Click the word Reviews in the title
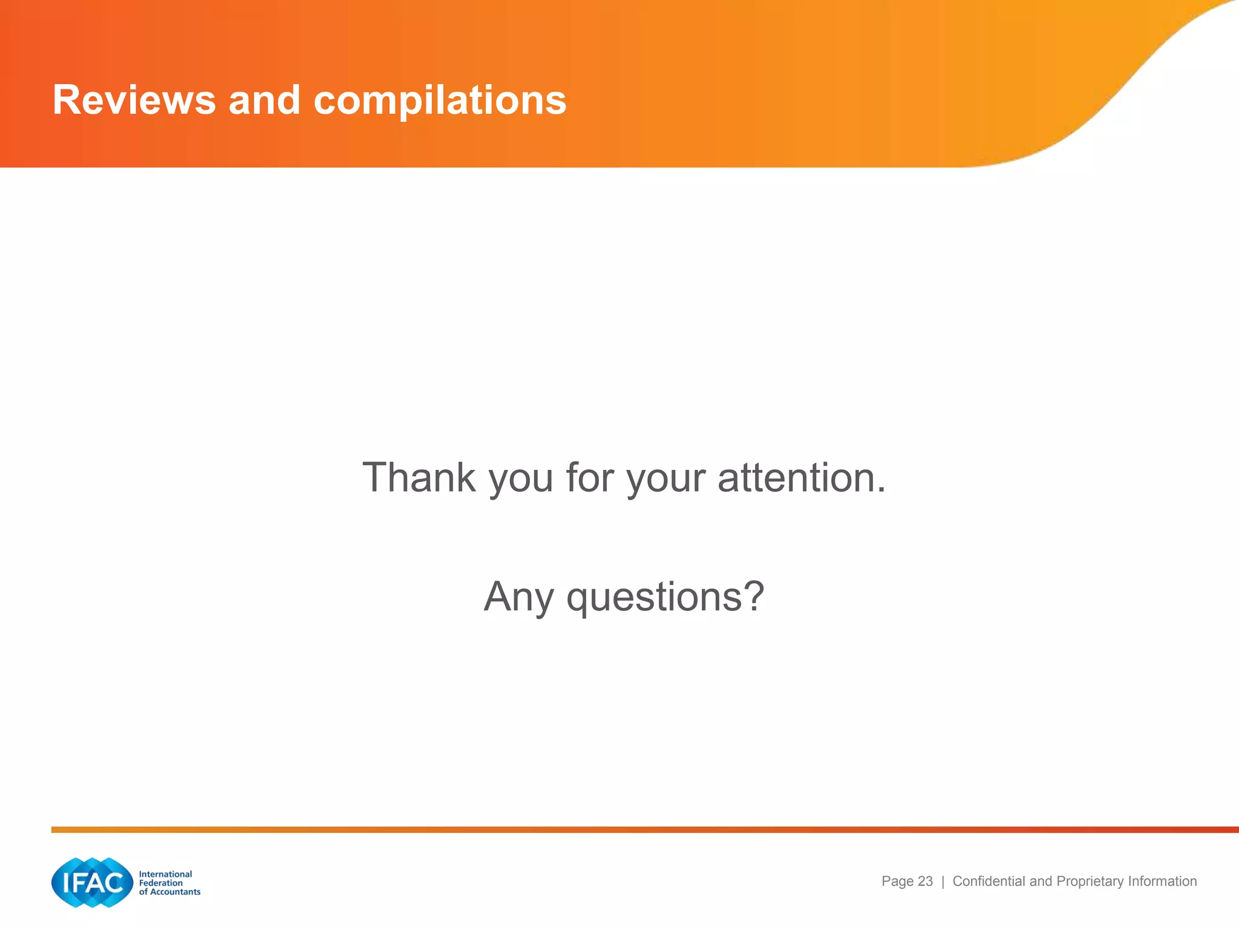134,100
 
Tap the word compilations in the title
440,100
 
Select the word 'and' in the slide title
264,100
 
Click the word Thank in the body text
419,478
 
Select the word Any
518,598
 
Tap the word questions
654,598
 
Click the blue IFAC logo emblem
92,882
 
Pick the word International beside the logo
165,874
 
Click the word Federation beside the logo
160,883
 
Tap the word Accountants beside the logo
175,892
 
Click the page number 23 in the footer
925,882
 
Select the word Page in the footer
897,882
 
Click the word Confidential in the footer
989,882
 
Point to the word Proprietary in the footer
1090,882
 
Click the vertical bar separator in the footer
943,882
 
